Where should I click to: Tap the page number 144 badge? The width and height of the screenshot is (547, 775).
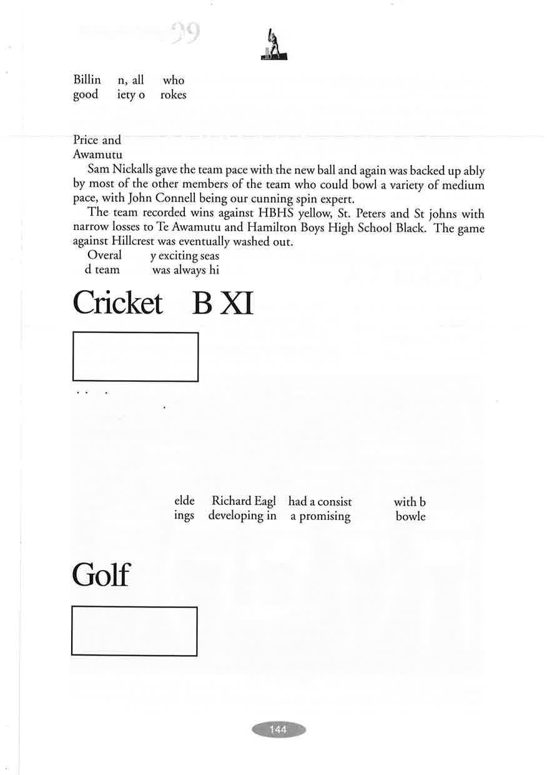point(278,729)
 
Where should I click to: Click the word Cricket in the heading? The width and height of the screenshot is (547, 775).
point(117,304)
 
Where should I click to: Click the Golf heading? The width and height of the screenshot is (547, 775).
point(101,575)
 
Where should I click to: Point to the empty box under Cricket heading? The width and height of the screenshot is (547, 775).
point(136,356)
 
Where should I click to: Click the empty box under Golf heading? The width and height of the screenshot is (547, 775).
point(134,631)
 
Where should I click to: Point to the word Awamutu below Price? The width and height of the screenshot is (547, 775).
point(97,154)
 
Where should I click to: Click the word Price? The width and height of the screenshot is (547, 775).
point(86,140)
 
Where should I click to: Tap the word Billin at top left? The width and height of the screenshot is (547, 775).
point(86,80)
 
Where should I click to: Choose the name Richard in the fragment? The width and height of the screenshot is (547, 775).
point(230,501)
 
